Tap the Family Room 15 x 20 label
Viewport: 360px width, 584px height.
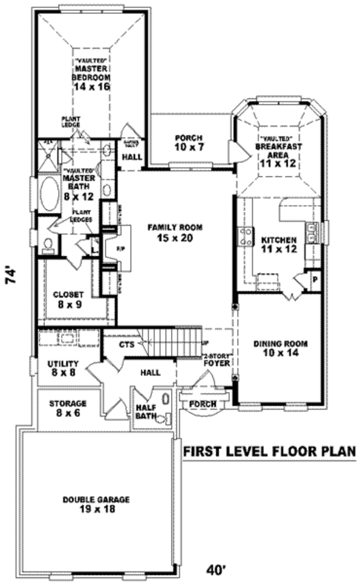pyautogui.click(x=176, y=232)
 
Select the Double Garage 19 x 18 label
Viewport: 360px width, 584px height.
pyautogui.click(x=97, y=504)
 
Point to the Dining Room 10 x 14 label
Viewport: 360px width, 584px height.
pyautogui.click(x=280, y=349)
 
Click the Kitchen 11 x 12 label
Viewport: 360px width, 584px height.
pyautogui.click(x=279, y=244)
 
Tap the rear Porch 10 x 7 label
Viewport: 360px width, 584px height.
pyautogui.click(x=188, y=142)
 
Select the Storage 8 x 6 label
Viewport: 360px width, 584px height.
pyautogui.click(x=68, y=408)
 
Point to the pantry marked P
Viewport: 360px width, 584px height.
pyautogui.click(x=314, y=280)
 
